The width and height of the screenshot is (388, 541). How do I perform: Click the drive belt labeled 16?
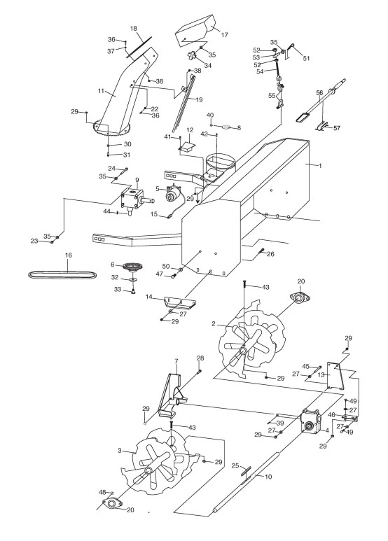[62, 274]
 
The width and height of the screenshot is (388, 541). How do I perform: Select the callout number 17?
[224, 35]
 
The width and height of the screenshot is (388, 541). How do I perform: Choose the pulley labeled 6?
[133, 267]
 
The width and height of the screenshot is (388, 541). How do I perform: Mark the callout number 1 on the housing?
[320, 166]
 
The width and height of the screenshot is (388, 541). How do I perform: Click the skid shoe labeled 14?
[180, 302]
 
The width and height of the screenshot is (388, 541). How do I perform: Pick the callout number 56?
[319, 93]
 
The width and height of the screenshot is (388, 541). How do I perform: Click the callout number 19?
[199, 100]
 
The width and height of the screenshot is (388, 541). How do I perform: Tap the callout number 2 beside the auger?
[214, 323]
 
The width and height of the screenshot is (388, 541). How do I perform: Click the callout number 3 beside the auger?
[120, 450]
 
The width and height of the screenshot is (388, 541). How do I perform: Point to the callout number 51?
[306, 58]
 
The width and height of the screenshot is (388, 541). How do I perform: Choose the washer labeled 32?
[134, 278]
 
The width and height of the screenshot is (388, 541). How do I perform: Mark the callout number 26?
[271, 254]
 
